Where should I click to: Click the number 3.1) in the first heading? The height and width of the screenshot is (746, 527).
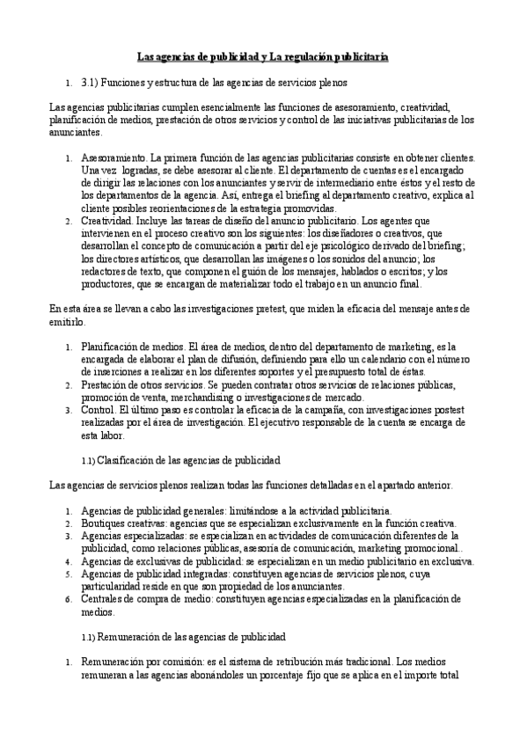pos(91,81)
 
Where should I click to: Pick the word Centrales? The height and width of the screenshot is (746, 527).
pos(103,598)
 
